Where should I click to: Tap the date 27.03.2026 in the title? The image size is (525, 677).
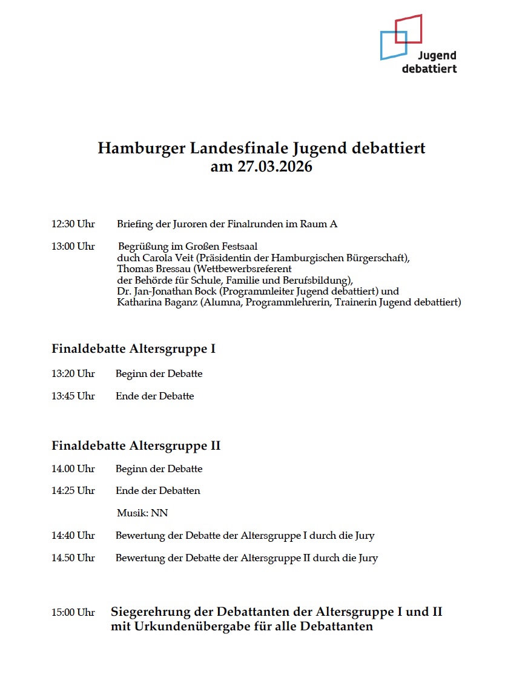279,167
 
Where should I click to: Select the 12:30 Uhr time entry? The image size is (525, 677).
73,224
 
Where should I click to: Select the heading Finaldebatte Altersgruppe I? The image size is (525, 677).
133,349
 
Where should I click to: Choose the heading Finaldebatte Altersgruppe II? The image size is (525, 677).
136,446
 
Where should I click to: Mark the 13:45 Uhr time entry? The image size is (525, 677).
73,396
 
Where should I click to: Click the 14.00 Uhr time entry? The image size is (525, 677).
73,469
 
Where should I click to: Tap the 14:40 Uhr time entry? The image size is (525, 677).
73,536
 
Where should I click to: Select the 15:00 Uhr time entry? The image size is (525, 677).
73,613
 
